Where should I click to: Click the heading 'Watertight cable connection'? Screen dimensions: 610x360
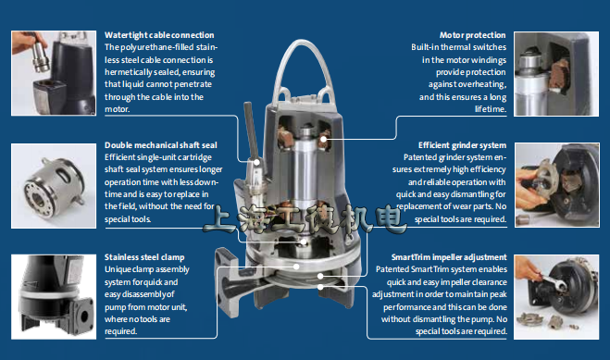coord(159,35)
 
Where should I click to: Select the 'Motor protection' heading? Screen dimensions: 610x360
coord(473,35)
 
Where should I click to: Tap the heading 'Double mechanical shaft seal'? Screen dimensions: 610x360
coord(161,145)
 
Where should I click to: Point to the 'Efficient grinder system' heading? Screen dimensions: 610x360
coord(462,145)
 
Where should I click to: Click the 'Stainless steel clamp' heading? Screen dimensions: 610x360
coord(144,257)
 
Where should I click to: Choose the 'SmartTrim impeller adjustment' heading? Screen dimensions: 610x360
coord(449,257)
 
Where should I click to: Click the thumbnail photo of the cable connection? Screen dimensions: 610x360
coord(54,73)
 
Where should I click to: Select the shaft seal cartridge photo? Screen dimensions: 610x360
coord(54,185)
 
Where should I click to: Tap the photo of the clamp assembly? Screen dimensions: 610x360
coord(54,297)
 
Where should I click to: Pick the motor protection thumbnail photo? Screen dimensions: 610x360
coord(556,74)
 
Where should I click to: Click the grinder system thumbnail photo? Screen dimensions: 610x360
coord(557,185)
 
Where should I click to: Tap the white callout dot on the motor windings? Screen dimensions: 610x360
coord(324,139)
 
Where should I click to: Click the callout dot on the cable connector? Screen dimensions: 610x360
coord(256,162)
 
